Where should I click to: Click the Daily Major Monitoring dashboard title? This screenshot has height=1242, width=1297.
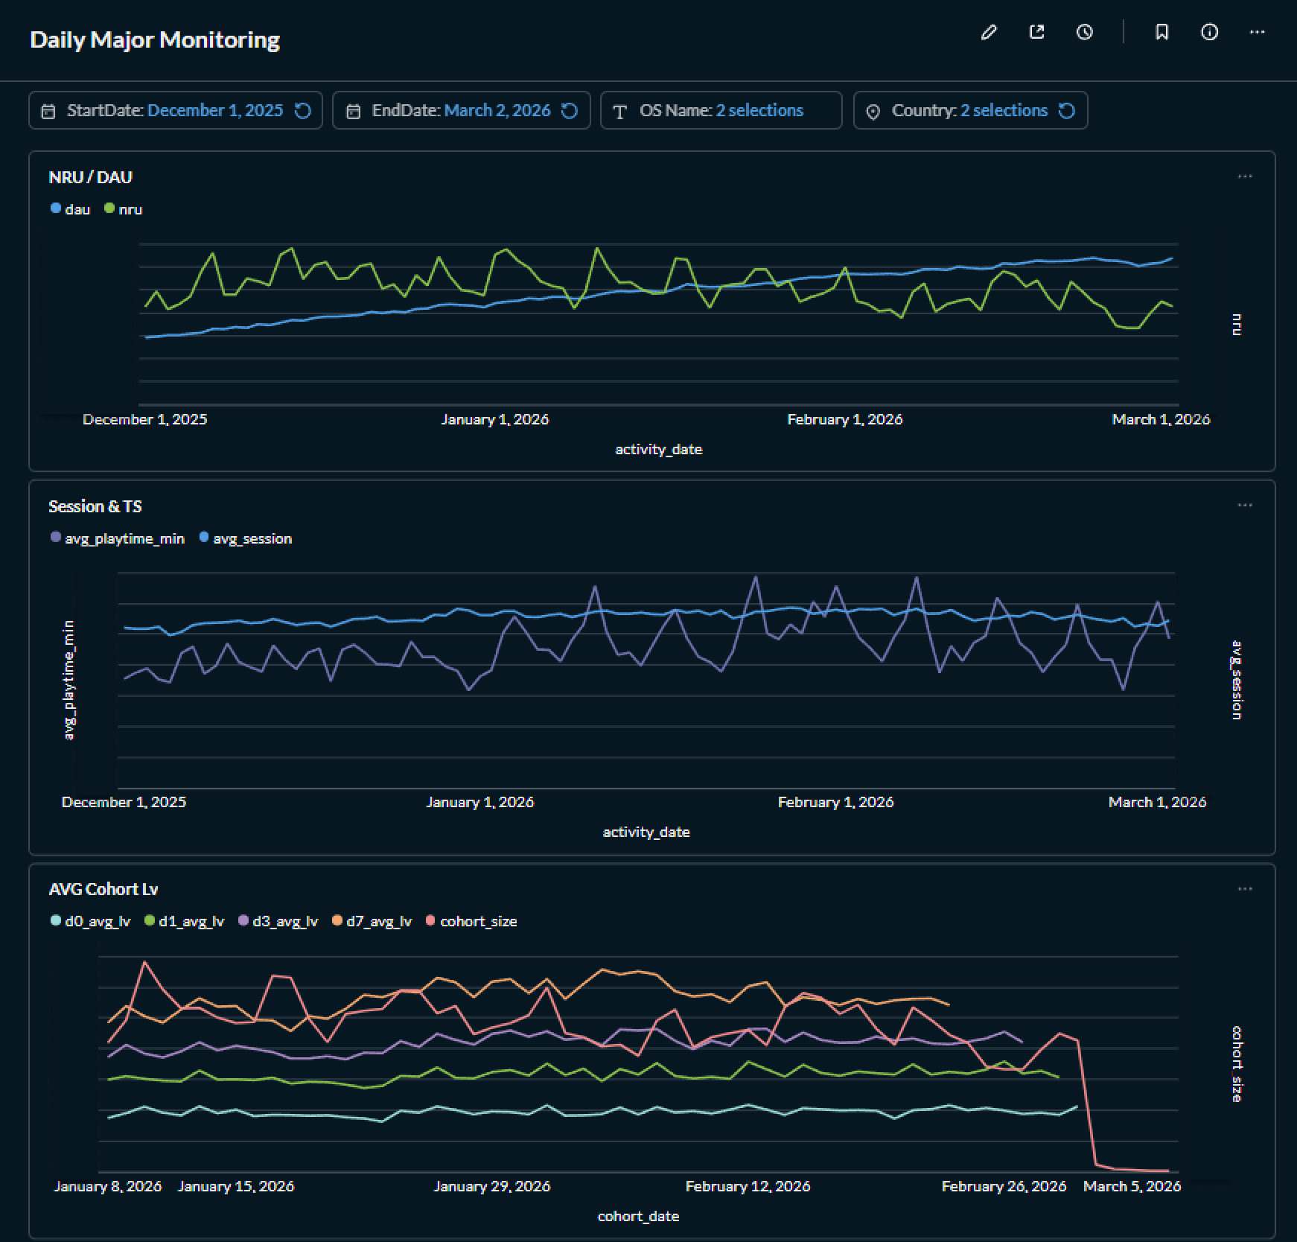pyautogui.click(x=155, y=39)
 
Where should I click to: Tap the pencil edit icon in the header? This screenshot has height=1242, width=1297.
pyautogui.click(x=989, y=32)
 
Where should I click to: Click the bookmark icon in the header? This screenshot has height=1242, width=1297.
pyautogui.click(x=1161, y=32)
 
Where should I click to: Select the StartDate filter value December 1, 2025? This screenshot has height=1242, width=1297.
pyautogui.click(x=215, y=110)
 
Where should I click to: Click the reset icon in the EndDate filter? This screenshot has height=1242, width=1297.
pyautogui.click(x=570, y=110)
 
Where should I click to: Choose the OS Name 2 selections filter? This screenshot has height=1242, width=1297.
pyautogui.click(x=721, y=110)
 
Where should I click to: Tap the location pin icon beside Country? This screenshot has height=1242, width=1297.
pyautogui.click(x=873, y=111)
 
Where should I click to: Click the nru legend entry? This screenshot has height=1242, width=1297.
pyautogui.click(x=124, y=209)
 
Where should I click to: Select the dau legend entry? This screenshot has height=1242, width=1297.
pyautogui.click(x=71, y=209)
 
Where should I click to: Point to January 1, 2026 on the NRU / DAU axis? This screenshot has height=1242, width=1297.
pyautogui.click(x=494, y=419)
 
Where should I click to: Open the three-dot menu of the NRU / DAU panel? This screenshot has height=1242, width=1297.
pyautogui.click(x=1245, y=176)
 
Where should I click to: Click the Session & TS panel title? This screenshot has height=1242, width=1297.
pyautogui.click(x=95, y=506)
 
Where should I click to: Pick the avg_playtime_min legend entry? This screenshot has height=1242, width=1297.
pyautogui.click(x=118, y=538)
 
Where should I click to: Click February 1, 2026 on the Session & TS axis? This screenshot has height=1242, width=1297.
pyautogui.click(x=835, y=802)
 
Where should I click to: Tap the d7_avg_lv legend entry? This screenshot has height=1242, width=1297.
pyautogui.click(x=372, y=921)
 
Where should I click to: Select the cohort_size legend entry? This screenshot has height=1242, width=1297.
pyautogui.click(x=471, y=921)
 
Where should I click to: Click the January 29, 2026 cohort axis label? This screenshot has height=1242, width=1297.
pyautogui.click(x=492, y=1186)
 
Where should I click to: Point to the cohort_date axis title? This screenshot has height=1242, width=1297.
pyautogui.click(x=638, y=1216)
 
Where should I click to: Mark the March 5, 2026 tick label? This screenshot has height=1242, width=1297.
pyautogui.click(x=1132, y=1186)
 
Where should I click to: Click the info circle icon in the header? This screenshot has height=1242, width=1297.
pyautogui.click(x=1210, y=32)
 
